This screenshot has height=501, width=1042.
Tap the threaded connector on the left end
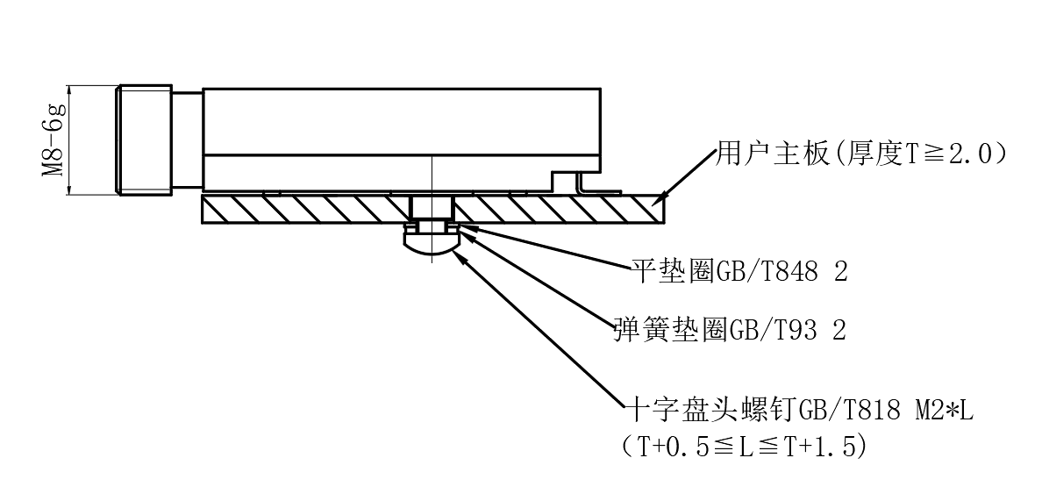pyautogui.click(x=145, y=140)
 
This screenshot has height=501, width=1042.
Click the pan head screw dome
pyautogui.click(x=431, y=246)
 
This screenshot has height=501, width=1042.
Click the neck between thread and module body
pyautogui.click(x=187, y=140)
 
